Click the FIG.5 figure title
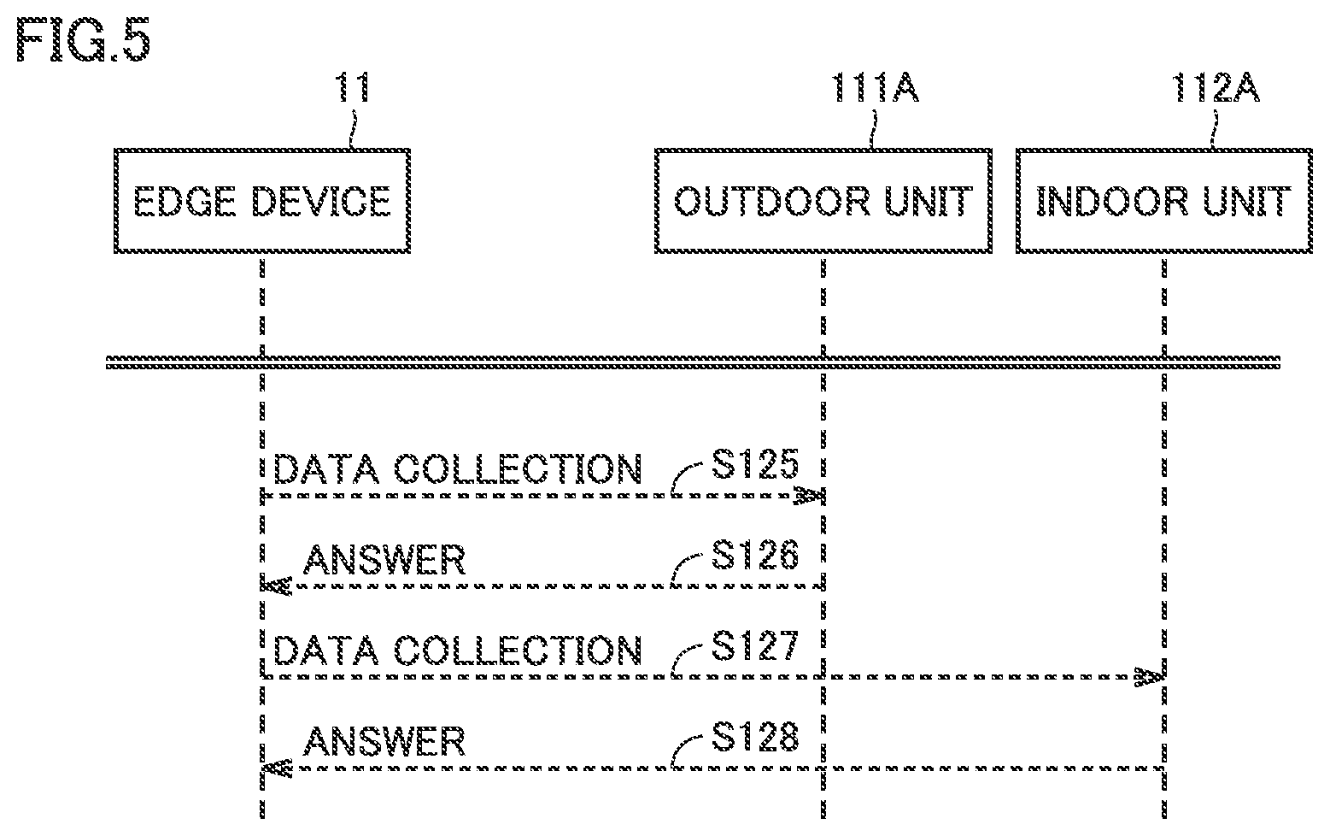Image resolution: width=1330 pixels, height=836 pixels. [x=83, y=39]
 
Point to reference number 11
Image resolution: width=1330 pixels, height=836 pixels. [x=354, y=88]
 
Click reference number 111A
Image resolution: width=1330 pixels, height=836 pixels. [x=876, y=88]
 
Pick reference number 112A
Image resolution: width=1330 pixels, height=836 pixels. [x=1216, y=88]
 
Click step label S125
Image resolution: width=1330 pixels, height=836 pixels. [x=755, y=464]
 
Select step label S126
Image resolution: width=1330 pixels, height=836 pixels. [x=755, y=555]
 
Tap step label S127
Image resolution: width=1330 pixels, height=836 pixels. [x=755, y=646]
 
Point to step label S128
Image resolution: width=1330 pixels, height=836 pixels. [x=755, y=737]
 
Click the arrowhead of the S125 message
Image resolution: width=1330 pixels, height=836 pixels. [x=810, y=496]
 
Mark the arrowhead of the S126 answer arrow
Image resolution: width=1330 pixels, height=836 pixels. [x=277, y=586]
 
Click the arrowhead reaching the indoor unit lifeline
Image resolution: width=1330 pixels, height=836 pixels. [x=1150, y=677]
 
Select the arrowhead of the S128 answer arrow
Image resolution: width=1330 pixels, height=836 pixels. [x=277, y=768]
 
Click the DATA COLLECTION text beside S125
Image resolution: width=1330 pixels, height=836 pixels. [x=457, y=469]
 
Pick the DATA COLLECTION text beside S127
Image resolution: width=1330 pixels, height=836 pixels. [x=457, y=650]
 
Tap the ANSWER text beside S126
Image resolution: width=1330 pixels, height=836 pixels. [x=384, y=560]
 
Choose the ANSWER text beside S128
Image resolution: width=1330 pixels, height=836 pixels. [x=384, y=741]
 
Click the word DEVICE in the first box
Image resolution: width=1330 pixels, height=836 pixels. [x=321, y=202]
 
